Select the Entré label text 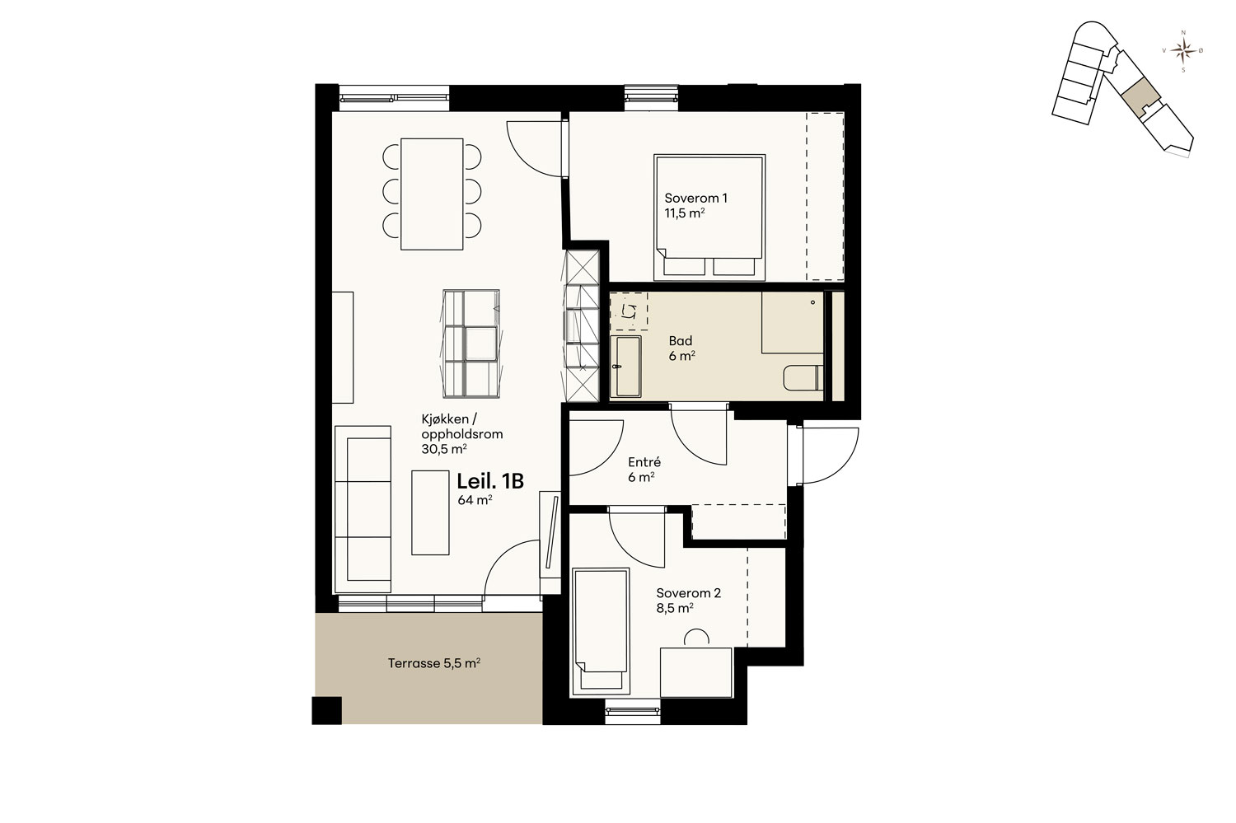tap(644, 462)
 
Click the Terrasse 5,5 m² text tap(433, 663)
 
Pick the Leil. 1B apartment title tap(490, 482)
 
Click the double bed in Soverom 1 tap(709, 217)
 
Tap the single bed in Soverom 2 tap(601, 630)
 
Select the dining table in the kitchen tap(432, 194)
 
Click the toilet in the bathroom tap(803, 378)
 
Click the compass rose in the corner tap(1183, 51)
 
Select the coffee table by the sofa tap(430, 512)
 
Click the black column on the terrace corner tap(326, 710)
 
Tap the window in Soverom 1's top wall tap(651, 94)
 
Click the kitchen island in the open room tap(471, 344)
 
